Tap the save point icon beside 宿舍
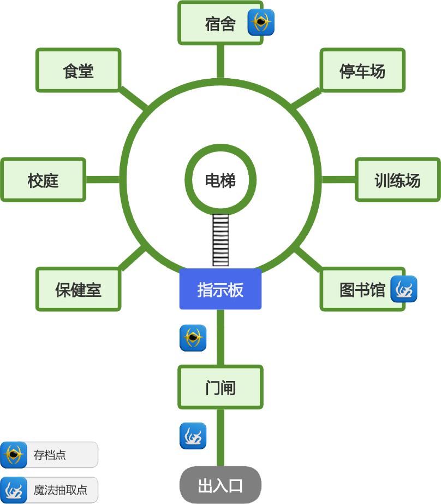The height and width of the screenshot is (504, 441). click(261, 22)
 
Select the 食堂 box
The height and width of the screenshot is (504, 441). click(78, 71)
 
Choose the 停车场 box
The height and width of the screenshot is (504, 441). click(362, 71)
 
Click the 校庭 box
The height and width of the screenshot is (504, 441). click(43, 180)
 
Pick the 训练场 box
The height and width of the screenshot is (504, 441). click(397, 180)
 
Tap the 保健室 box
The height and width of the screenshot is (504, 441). click(78, 289)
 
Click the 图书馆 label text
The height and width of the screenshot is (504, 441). click(362, 289)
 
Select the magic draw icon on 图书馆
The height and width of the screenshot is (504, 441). click(404, 289)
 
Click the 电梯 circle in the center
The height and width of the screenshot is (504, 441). click(220, 180)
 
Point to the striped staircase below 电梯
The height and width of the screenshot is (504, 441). click(220, 240)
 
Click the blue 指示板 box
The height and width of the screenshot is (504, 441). click(220, 289)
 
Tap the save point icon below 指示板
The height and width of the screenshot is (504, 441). click(193, 338)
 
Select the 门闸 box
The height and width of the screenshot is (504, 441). click(220, 388)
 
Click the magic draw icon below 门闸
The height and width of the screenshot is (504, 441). click(193, 436)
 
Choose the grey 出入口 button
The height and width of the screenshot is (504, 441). click(220, 485)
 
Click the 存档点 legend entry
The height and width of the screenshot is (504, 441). click(49, 455)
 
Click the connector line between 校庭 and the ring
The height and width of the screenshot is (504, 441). click(103, 180)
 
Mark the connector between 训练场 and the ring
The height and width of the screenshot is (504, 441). click(338, 180)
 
